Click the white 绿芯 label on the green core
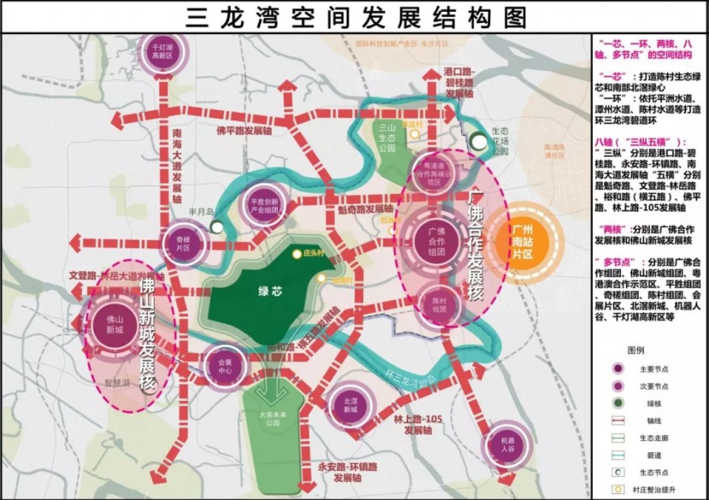click(270, 290)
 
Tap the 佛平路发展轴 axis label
click(244, 131)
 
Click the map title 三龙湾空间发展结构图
click(354, 17)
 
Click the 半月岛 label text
click(200, 214)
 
